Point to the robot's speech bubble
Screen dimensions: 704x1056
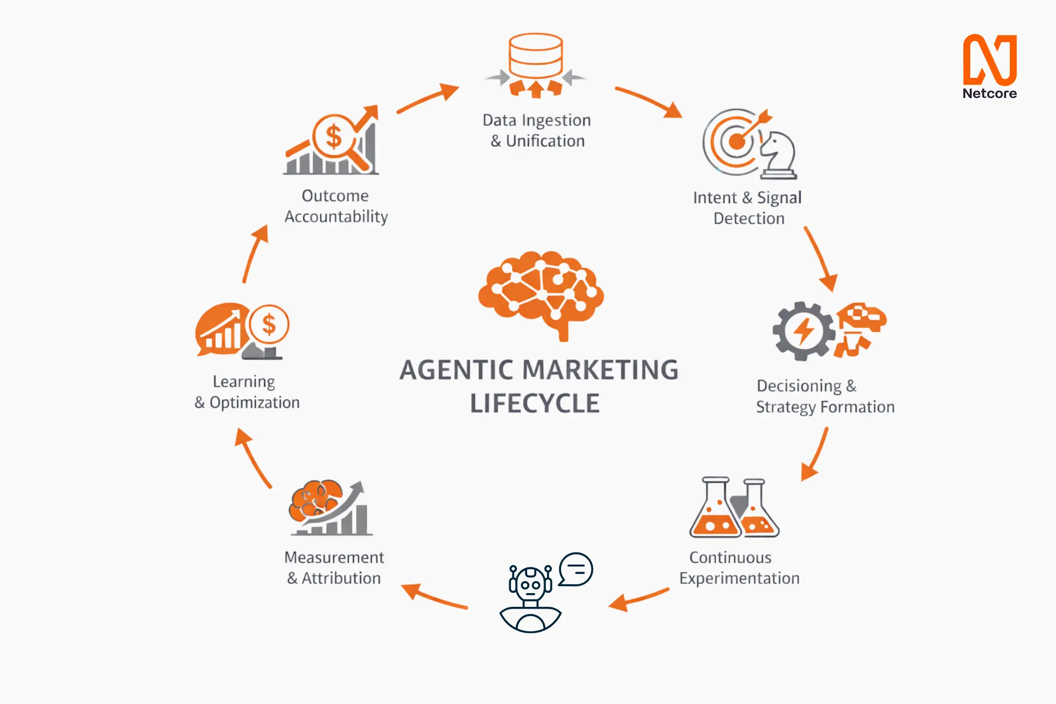576,569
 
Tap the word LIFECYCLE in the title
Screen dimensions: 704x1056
535,404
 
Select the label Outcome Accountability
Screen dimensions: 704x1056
336,206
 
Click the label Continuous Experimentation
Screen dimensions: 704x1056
739,568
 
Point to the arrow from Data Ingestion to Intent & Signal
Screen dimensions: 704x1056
649,101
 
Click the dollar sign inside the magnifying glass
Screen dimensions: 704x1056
333,137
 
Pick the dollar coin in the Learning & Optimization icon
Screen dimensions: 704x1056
269,324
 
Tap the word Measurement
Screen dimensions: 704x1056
334,558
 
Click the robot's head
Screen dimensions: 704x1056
530,584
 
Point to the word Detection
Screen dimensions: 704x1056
749,219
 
